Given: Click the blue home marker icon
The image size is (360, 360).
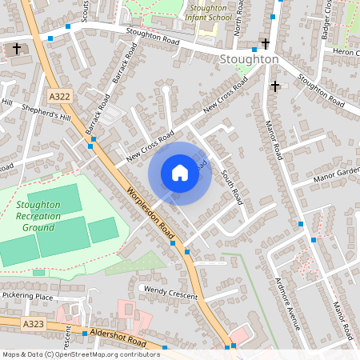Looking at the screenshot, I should [180, 173].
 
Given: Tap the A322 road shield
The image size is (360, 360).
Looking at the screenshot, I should [59, 96].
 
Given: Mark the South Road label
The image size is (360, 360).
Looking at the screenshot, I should [231, 183].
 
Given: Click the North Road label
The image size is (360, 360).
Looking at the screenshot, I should [238, 21].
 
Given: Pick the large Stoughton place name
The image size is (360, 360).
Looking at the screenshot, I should [249, 59].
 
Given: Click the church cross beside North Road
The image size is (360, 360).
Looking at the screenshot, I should [266, 43].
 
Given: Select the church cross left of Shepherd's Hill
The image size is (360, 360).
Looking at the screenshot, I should [17, 50].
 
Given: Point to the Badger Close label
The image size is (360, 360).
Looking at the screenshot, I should [326, 20].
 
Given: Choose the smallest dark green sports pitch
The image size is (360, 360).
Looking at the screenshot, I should [103, 230].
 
